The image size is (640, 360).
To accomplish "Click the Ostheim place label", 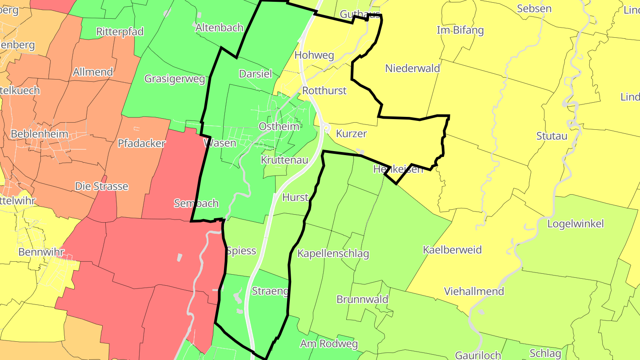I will (x=279, y=127).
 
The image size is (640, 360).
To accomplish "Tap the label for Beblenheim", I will (x=40, y=134).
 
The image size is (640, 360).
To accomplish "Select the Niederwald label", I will (x=412, y=68).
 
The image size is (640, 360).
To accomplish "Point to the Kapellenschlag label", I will (x=333, y=254).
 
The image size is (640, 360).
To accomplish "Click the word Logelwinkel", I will (x=576, y=224).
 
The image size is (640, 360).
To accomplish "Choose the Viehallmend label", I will (x=474, y=292).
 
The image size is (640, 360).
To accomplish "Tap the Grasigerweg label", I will (x=175, y=79).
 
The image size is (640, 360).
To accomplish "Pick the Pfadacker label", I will (x=141, y=143).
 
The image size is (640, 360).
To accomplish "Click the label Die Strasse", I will (x=101, y=186).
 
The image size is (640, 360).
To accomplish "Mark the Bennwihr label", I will (x=41, y=252).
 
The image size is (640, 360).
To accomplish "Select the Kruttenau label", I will (x=284, y=160).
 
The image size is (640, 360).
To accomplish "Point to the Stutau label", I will (x=552, y=136).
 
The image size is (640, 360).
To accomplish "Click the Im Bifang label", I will (x=460, y=30).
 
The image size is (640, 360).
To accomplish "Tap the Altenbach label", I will (x=220, y=28).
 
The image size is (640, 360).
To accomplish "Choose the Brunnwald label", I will (x=362, y=299).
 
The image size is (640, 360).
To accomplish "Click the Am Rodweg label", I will (x=329, y=344).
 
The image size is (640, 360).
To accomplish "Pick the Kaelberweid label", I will (x=452, y=250).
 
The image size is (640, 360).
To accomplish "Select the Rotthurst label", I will (x=324, y=91).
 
